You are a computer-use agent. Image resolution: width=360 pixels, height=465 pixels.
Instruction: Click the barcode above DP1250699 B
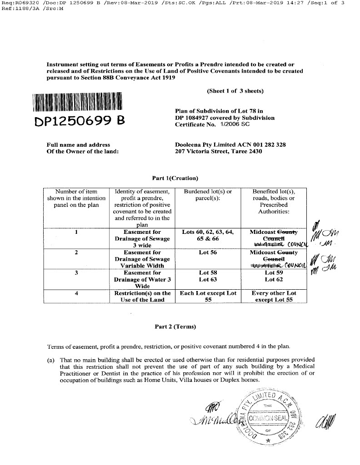point(78,102)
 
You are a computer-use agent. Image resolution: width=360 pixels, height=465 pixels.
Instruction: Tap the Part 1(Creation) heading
point(175,178)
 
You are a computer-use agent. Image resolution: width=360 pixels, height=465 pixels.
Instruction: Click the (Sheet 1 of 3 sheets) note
point(235,91)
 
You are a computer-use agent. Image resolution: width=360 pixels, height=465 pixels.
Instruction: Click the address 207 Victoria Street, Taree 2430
point(219,152)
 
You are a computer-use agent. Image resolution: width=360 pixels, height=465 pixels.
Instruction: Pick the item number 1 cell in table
point(77,232)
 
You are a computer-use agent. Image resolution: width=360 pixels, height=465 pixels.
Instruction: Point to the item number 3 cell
point(77,273)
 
